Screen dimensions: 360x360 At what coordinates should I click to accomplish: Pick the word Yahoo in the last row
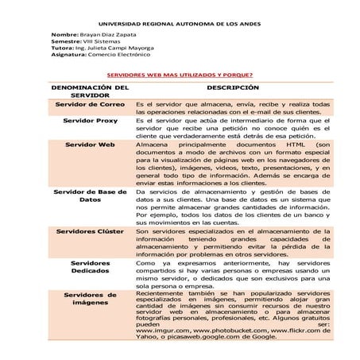148,337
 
